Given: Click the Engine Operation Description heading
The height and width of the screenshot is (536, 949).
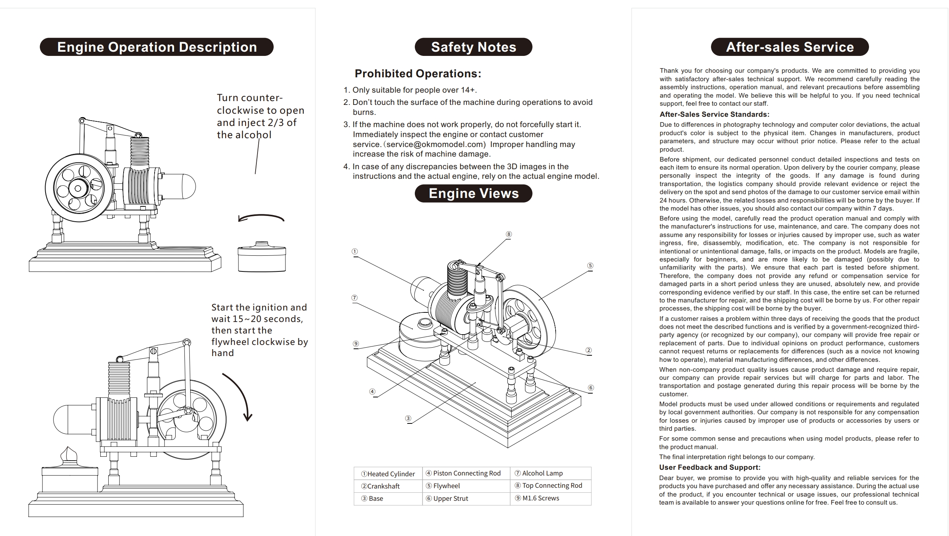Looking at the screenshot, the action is [x=157, y=47].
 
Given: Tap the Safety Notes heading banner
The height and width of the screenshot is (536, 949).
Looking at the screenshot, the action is [x=473, y=47].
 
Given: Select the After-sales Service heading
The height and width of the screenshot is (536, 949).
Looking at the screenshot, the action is [x=790, y=47].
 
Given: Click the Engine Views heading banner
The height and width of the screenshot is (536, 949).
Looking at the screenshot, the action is [x=473, y=193].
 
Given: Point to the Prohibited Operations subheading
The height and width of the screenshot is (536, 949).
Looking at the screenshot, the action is [x=418, y=74].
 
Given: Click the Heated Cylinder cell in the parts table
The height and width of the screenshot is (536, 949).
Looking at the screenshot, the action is [x=388, y=474].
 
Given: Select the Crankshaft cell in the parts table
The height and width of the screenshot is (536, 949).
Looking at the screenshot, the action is [x=388, y=486].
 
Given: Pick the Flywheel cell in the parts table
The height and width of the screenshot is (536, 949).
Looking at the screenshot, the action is [x=466, y=486].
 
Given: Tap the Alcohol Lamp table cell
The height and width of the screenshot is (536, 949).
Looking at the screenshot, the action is [x=551, y=473].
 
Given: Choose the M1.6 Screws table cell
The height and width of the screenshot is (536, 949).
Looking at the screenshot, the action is [x=551, y=498].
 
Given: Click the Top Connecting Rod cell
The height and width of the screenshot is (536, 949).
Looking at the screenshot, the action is [x=551, y=485].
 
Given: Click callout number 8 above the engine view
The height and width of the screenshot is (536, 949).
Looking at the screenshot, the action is [x=509, y=234].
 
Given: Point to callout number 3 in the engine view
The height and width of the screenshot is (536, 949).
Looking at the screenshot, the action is [x=408, y=418].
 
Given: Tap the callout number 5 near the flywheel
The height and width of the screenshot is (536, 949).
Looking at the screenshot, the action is [x=590, y=266].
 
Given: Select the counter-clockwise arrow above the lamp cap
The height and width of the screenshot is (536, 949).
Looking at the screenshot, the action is [x=261, y=217].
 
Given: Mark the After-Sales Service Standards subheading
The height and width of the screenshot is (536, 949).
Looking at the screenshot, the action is [x=714, y=114].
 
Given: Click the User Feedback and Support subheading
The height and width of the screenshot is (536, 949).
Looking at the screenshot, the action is [x=710, y=467].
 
